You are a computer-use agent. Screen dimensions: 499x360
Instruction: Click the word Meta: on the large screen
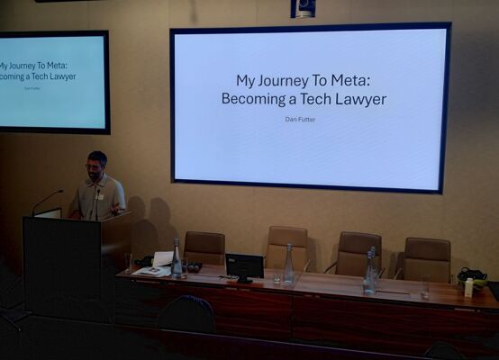(350, 80)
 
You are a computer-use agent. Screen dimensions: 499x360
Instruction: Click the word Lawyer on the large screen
(360, 99)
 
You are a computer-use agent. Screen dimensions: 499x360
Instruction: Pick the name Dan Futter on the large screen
(300, 120)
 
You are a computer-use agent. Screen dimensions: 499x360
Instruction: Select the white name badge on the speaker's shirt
(100, 197)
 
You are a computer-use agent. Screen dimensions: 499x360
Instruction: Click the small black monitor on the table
(244, 265)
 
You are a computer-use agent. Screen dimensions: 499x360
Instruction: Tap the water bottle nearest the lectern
(176, 258)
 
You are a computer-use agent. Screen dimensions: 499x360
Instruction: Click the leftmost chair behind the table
(204, 248)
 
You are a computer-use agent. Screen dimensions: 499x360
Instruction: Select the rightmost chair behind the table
(425, 259)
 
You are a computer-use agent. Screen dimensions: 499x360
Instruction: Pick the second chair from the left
(286, 247)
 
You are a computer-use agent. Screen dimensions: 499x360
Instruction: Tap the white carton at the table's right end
(468, 287)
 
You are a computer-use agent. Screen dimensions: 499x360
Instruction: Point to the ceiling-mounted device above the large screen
(303, 9)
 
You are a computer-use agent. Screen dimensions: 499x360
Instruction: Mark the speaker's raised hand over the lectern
(116, 208)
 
